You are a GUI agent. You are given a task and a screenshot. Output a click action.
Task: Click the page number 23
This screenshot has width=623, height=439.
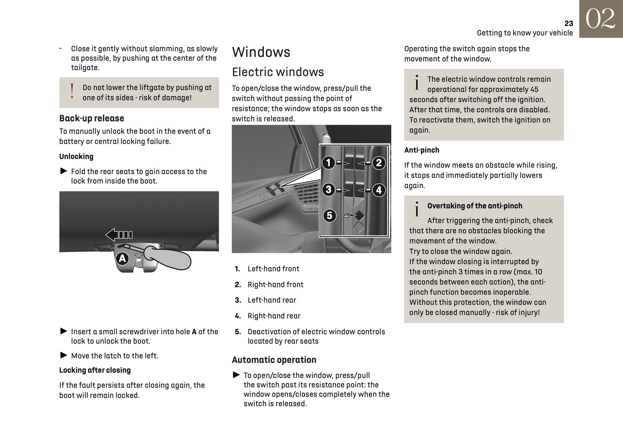568,23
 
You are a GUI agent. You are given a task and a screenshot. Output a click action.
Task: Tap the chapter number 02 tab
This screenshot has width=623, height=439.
601,19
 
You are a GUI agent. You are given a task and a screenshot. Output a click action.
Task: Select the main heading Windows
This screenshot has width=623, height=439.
261,52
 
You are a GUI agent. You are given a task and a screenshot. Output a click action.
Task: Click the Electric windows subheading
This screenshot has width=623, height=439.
278,72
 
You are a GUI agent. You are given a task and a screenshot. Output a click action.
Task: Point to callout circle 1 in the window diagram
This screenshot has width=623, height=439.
329,163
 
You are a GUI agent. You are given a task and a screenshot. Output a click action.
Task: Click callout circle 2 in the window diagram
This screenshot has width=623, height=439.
379,163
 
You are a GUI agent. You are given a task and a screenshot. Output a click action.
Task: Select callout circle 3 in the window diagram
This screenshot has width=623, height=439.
329,190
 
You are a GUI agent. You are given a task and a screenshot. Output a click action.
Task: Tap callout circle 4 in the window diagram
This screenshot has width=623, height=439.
379,190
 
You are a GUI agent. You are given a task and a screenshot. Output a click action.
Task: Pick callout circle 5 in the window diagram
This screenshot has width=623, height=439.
329,216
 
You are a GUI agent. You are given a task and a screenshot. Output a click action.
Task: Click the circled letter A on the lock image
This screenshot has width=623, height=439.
122,259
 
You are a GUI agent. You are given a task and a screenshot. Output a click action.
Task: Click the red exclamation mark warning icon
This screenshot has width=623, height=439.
72,92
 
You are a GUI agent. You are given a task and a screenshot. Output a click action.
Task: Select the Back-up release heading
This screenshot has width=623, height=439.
92,118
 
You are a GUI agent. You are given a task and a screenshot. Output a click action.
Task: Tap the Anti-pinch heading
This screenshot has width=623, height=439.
422,150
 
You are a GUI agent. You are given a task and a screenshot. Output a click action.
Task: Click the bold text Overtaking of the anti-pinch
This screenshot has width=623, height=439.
475,206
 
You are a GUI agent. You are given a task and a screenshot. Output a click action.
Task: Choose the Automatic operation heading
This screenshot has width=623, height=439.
274,360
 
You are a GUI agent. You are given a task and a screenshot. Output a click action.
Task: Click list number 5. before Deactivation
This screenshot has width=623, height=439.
238,332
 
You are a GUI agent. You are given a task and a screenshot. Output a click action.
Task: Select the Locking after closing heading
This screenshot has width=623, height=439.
95,370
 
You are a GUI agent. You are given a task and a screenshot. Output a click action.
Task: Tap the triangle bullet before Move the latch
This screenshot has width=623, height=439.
64,355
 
